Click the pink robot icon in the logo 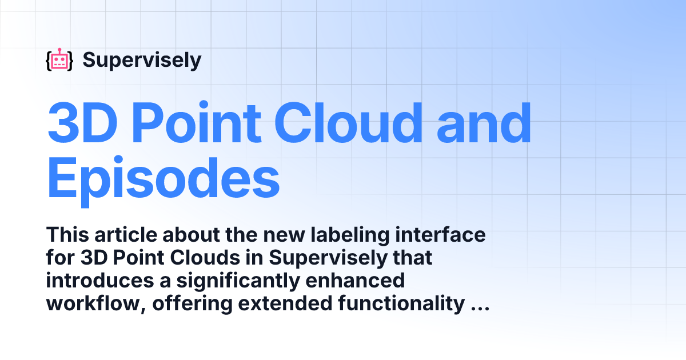tap(59, 59)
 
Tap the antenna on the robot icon tap(59, 50)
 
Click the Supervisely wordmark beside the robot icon tap(142, 61)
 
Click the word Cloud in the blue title tap(349, 122)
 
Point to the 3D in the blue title tap(82, 122)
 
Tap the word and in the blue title tap(484, 122)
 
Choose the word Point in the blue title tap(196, 122)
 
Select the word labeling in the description tap(350, 235)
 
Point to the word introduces tap(100, 281)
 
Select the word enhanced tap(355, 281)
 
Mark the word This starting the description tap(67, 235)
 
